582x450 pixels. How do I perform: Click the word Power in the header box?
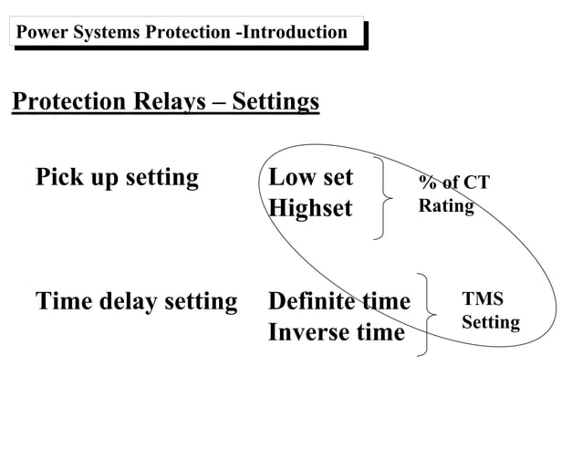39,34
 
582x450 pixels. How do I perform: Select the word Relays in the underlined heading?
171,101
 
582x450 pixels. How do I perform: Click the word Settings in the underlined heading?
275,101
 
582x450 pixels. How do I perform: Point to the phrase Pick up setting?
116,177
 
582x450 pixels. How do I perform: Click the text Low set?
310,177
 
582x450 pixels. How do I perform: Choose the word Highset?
310,208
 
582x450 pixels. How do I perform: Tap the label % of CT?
453,183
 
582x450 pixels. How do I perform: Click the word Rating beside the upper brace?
446,206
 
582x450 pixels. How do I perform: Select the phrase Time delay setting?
136,300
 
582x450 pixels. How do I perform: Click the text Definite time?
339,300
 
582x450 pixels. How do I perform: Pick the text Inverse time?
336,332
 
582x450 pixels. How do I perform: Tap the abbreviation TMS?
483,299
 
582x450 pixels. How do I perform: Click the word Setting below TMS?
491,323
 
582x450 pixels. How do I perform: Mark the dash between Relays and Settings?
220,101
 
